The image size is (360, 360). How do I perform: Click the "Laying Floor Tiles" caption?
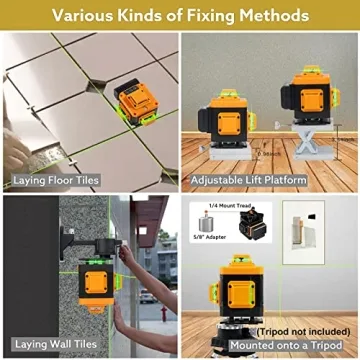coord(56,182)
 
